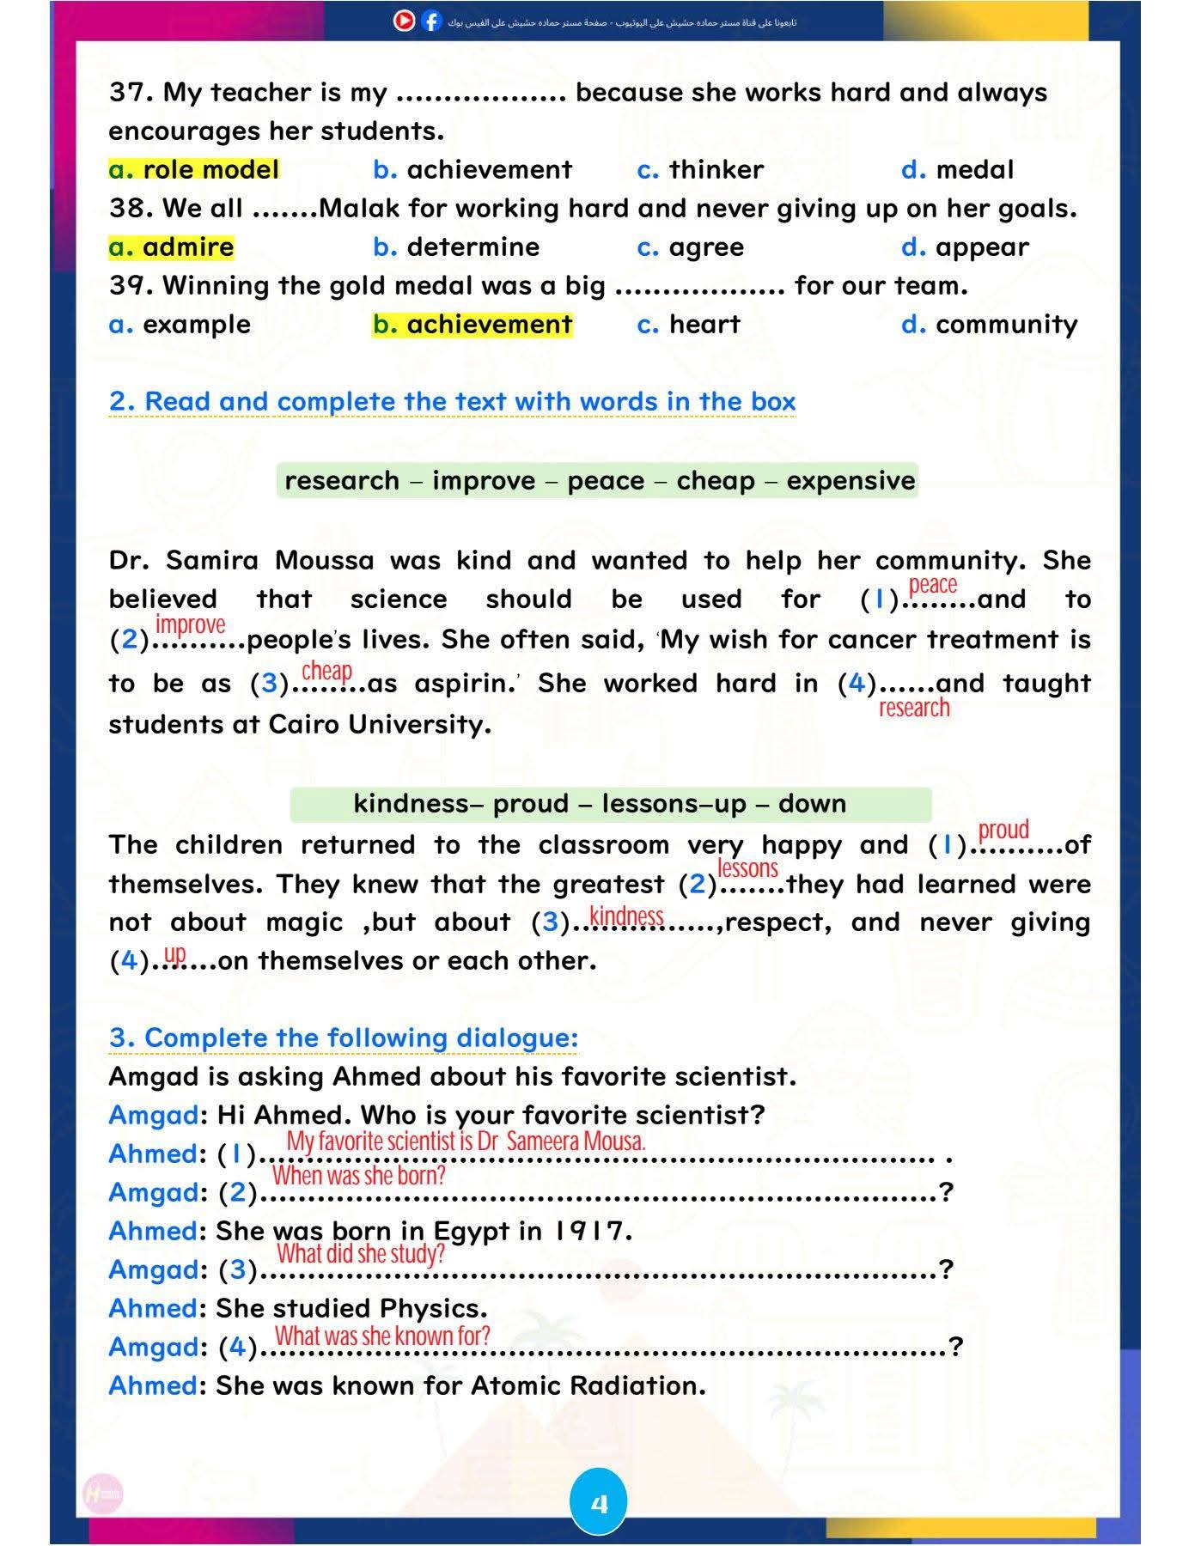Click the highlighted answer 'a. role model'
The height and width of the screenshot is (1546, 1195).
tap(194, 170)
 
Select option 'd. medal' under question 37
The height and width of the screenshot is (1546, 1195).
tap(957, 170)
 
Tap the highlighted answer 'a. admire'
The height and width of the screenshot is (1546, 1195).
tap(171, 247)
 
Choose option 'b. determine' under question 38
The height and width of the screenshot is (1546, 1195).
tap(456, 247)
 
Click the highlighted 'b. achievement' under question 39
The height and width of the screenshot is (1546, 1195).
tap(472, 325)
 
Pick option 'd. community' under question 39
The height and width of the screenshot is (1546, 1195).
tap(989, 325)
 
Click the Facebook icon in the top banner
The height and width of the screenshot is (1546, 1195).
tap(431, 21)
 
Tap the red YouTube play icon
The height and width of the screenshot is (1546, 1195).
tap(404, 21)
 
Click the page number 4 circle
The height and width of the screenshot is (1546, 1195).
tap(599, 1502)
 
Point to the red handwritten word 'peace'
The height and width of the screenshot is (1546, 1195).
tap(932, 585)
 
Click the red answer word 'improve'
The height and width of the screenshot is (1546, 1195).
tap(190, 624)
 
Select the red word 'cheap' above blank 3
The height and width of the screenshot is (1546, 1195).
tap(326, 670)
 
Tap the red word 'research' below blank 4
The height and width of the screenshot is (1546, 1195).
tap(914, 708)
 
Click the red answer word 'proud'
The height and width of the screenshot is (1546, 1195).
tap(1003, 830)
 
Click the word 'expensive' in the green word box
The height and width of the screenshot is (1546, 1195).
tap(851, 480)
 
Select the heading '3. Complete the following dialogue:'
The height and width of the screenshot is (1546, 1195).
tap(344, 1038)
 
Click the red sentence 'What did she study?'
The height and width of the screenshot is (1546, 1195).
tap(360, 1254)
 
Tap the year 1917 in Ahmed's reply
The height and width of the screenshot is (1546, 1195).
tap(588, 1231)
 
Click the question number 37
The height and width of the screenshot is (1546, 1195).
tap(131, 93)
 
